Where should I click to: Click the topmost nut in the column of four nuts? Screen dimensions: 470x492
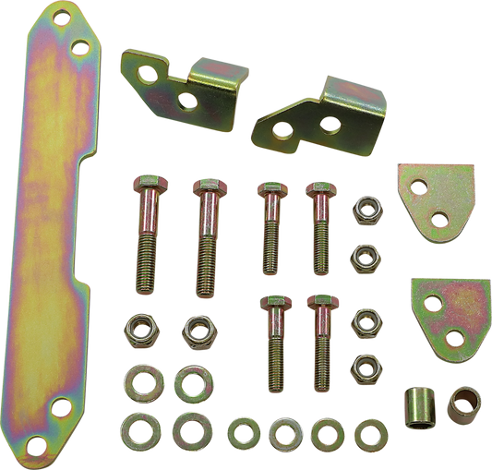[x=360, y=208]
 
